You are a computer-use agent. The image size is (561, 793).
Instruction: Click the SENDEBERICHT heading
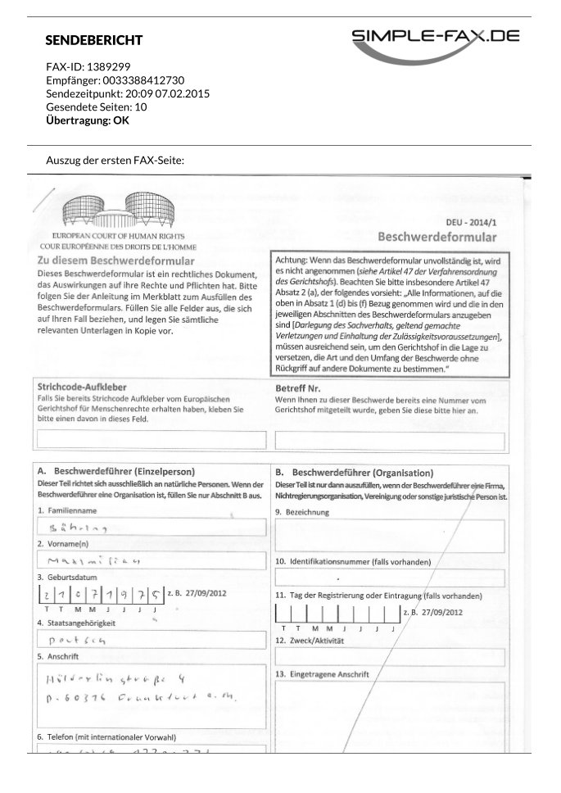pyautogui.click(x=94, y=40)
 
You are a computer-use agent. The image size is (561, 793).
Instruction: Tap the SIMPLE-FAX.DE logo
pyautogui.click(x=436, y=41)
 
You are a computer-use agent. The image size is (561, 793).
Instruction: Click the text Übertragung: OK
pyautogui.click(x=88, y=120)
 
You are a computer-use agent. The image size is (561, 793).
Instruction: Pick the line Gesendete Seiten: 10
pyautogui.click(x=97, y=106)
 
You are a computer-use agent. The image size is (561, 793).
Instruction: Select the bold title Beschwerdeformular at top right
pyautogui.click(x=437, y=237)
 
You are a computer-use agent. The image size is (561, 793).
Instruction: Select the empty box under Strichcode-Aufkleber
pyautogui.click(x=152, y=440)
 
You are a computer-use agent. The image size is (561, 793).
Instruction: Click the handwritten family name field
pyautogui.click(x=152, y=528)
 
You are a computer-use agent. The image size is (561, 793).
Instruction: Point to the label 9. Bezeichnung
pyautogui.click(x=302, y=512)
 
